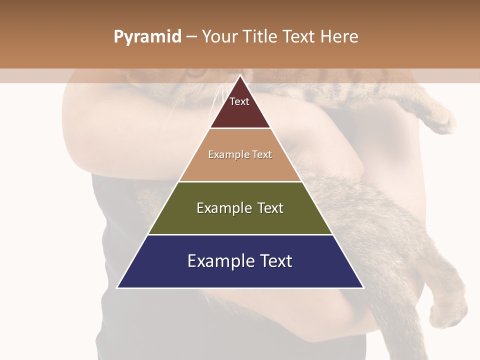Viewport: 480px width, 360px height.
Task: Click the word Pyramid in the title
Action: [x=147, y=37]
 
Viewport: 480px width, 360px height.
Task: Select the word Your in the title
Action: [x=219, y=37]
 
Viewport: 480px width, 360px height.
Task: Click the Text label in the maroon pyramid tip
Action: [x=239, y=101]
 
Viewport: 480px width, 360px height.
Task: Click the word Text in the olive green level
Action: [x=270, y=208]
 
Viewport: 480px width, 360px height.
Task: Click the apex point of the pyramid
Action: [x=240, y=75]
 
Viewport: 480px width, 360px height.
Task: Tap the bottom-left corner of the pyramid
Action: [x=117, y=287]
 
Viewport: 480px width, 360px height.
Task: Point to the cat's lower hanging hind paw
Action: [x=447, y=312]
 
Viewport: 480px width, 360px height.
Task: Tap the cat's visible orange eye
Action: [x=196, y=73]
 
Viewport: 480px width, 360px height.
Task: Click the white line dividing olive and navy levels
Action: [x=240, y=234]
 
